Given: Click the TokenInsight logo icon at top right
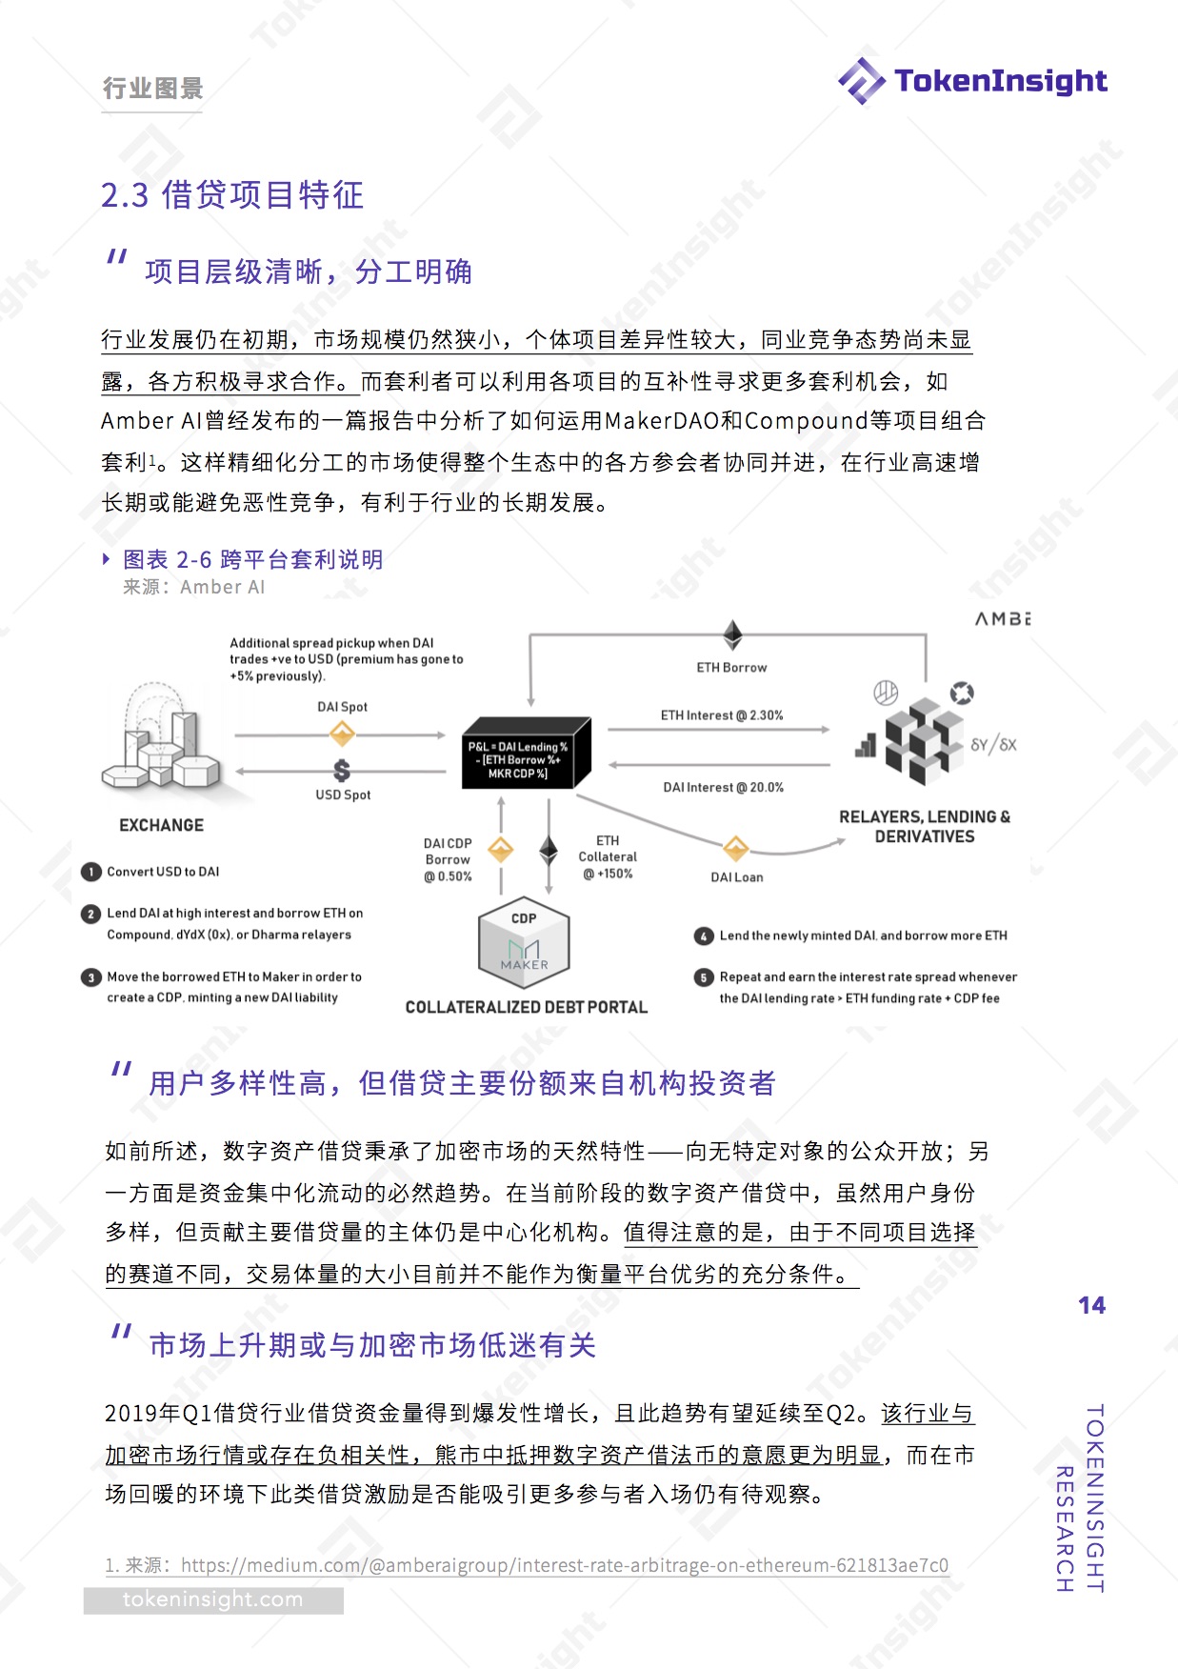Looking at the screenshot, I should [x=861, y=81].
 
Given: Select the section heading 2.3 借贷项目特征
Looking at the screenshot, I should [x=232, y=195].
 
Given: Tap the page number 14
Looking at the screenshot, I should [x=1091, y=1305].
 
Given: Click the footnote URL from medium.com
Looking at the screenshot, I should [x=564, y=1565].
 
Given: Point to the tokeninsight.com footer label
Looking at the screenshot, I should [x=212, y=1599].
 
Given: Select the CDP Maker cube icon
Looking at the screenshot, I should [x=524, y=945].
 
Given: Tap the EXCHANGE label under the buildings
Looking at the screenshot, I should [x=161, y=825].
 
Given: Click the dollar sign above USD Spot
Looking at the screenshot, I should [x=342, y=770].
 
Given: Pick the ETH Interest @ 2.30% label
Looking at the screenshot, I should [x=722, y=715].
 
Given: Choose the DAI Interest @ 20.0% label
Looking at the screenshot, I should [x=723, y=788].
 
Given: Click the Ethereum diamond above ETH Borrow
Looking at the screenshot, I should [x=732, y=634].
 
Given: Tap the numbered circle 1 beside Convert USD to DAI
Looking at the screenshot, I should [x=91, y=872].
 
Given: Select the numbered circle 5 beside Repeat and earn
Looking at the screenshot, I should [x=704, y=977].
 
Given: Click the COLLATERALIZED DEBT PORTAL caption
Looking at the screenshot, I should [x=526, y=1007].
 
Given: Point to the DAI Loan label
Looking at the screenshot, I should [x=736, y=877].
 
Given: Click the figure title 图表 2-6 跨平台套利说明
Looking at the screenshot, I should [x=252, y=559].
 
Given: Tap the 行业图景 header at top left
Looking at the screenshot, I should [x=152, y=89].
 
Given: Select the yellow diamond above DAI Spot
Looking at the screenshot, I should [x=342, y=734].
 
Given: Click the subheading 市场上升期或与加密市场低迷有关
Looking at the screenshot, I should [x=372, y=1345].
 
